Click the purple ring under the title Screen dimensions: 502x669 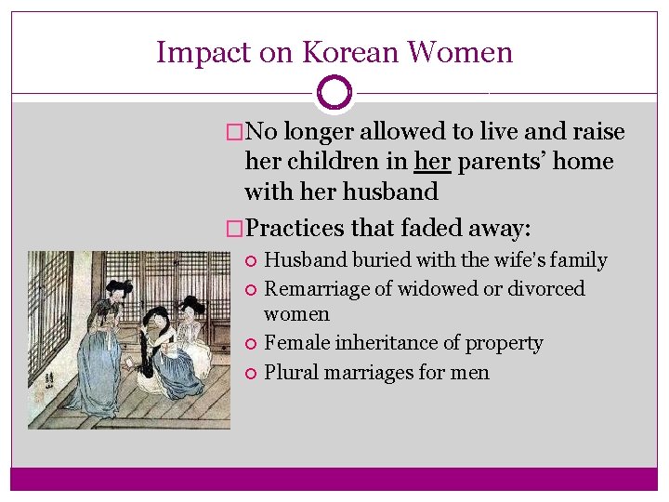pos(334,93)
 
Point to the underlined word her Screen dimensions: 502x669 pos(432,162)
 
